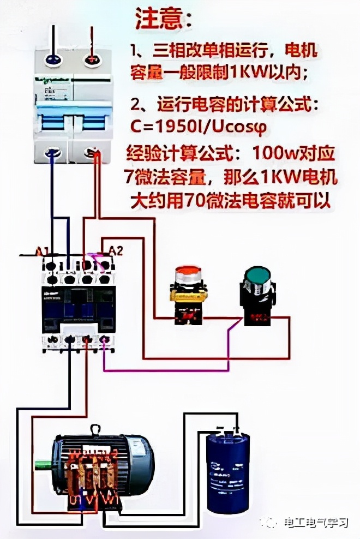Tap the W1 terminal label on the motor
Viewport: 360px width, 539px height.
coord(111,499)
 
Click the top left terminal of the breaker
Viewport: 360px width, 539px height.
coord(52,58)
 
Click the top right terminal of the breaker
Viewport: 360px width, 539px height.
coord(89,58)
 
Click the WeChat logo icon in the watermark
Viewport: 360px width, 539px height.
coord(271,522)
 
